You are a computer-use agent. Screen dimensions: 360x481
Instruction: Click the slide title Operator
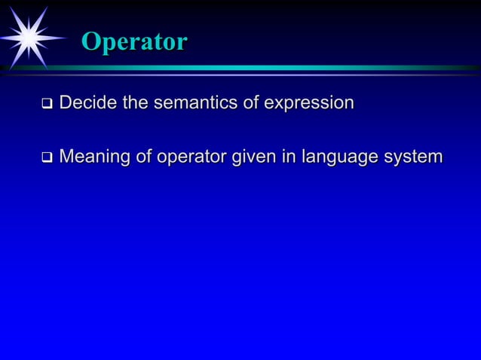[133, 42]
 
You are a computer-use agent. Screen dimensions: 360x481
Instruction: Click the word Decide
[88, 102]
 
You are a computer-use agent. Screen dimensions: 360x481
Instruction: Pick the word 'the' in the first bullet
[136, 102]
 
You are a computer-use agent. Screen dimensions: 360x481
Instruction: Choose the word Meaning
[95, 158]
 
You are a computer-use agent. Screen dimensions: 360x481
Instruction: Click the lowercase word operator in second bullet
[191, 158]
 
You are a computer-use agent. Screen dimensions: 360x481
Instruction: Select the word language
[339, 159]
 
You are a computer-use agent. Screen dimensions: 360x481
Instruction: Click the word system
[412, 159]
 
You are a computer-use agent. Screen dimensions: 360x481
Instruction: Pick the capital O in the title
[90, 42]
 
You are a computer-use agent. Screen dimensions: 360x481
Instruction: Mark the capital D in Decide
[65, 102]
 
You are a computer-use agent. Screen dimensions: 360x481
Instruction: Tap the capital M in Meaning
[66, 157]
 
